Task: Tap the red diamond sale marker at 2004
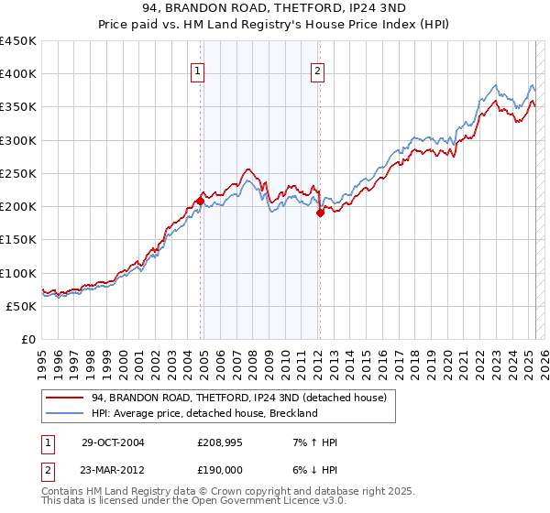pos(200,201)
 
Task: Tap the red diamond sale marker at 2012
pos(320,213)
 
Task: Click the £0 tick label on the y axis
pos(27,339)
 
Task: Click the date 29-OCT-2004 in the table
pos(113,442)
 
